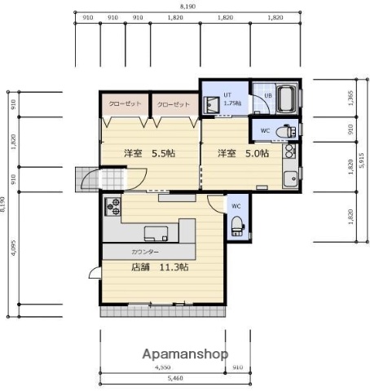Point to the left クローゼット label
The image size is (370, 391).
click(x=124, y=105)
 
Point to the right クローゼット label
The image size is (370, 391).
click(x=173, y=105)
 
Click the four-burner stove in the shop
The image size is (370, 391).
click(x=112, y=206)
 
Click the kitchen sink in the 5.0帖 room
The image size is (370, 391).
click(x=289, y=179)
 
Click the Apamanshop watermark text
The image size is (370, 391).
click(x=186, y=354)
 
